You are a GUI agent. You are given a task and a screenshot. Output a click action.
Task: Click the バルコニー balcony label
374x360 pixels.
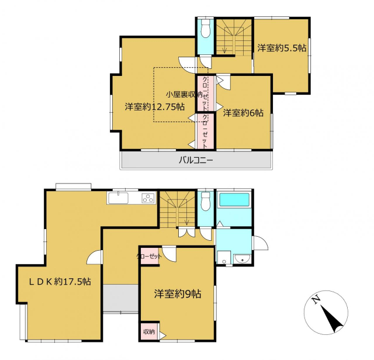(196, 160)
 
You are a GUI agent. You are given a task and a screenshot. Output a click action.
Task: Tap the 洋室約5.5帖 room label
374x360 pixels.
(282, 48)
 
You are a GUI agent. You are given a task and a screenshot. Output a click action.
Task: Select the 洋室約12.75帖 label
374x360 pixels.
(155, 106)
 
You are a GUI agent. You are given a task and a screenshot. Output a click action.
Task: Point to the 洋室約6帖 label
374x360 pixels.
(243, 113)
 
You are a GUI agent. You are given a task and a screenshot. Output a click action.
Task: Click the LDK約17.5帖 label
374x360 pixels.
(60, 282)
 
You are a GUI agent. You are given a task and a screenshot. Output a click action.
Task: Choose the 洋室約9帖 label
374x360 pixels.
(178, 294)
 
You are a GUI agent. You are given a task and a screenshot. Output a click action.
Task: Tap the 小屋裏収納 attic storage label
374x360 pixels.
(184, 95)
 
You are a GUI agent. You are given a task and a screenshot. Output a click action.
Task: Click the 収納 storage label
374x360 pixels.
(149, 331)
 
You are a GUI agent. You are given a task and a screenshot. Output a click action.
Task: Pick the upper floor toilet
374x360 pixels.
(205, 29)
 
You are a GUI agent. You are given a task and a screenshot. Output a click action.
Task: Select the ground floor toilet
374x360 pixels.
(205, 202)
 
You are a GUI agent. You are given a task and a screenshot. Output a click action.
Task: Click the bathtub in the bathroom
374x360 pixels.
(234, 199)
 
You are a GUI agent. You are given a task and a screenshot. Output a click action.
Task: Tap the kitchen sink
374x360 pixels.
(118, 198)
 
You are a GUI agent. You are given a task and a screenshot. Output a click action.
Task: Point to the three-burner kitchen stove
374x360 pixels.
(148, 199)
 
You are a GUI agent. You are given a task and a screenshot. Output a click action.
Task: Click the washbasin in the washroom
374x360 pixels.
(242, 259)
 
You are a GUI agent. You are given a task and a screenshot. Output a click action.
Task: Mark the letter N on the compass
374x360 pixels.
(316, 299)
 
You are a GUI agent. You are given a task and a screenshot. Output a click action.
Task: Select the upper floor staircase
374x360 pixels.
(234, 37)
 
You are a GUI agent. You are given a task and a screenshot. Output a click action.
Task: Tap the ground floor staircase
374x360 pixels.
(178, 209)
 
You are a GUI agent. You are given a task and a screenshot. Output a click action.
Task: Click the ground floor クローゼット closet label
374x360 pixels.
(149, 257)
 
